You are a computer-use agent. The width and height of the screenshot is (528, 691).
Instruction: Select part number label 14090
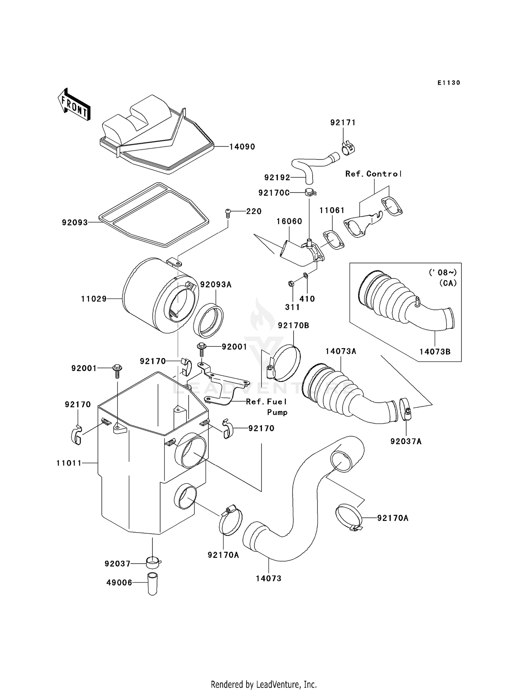tap(242, 147)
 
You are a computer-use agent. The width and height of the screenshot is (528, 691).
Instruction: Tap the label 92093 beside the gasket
tap(75, 222)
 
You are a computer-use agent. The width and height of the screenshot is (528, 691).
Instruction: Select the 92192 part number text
tap(277, 178)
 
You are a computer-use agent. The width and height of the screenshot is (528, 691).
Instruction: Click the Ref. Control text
tap(373, 174)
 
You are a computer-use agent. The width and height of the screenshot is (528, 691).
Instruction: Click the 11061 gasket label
tap(332, 211)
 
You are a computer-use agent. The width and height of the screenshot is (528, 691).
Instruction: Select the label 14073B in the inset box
tap(435, 351)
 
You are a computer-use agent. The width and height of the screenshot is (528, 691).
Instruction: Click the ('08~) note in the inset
tap(442, 272)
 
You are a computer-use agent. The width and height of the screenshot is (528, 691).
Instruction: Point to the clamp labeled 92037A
tap(406, 408)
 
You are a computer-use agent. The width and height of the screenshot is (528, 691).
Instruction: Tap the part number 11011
tap(69, 463)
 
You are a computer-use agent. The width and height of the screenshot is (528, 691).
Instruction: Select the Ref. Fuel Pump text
tap(266, 407)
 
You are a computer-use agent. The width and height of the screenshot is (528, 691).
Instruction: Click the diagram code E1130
tap(449, 83)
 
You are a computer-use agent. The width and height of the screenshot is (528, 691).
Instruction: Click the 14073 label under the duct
tap(269, 578)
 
